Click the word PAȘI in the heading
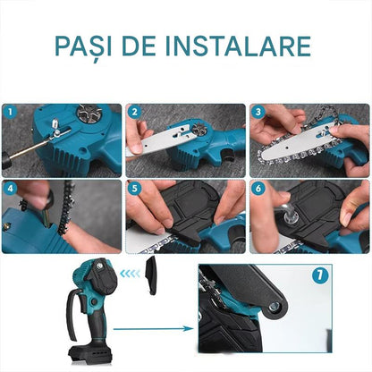pyautogui.click(x=83, y=47)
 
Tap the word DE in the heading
pyautogui.click(x=139, y=46)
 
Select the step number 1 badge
pyautogui.click(x=11, y=113)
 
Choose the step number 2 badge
pyautogui.click(x=135, y=113)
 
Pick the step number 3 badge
pyautogui.click(x=258, y=113)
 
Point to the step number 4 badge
pyautogui.click(x=11, y=189)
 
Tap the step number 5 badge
pyautogui.click(x=135, y=189)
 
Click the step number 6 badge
pyautogui.click(x=258, y=189)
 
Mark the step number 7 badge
pyautogui.click(x=320, y=275)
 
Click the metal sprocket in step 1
pyautogui.click(x=89, y=112)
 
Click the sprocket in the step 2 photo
pyautogui.click(x=200, y=131)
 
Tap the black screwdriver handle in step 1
pyautogui.click(x=6, y=161)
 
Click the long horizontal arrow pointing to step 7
pyautogui.click(x=154, y=329)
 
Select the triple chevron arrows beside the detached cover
pyautogui.click(x=130, y=274)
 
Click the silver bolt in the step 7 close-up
pyautogui.click(x=275, y=307)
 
